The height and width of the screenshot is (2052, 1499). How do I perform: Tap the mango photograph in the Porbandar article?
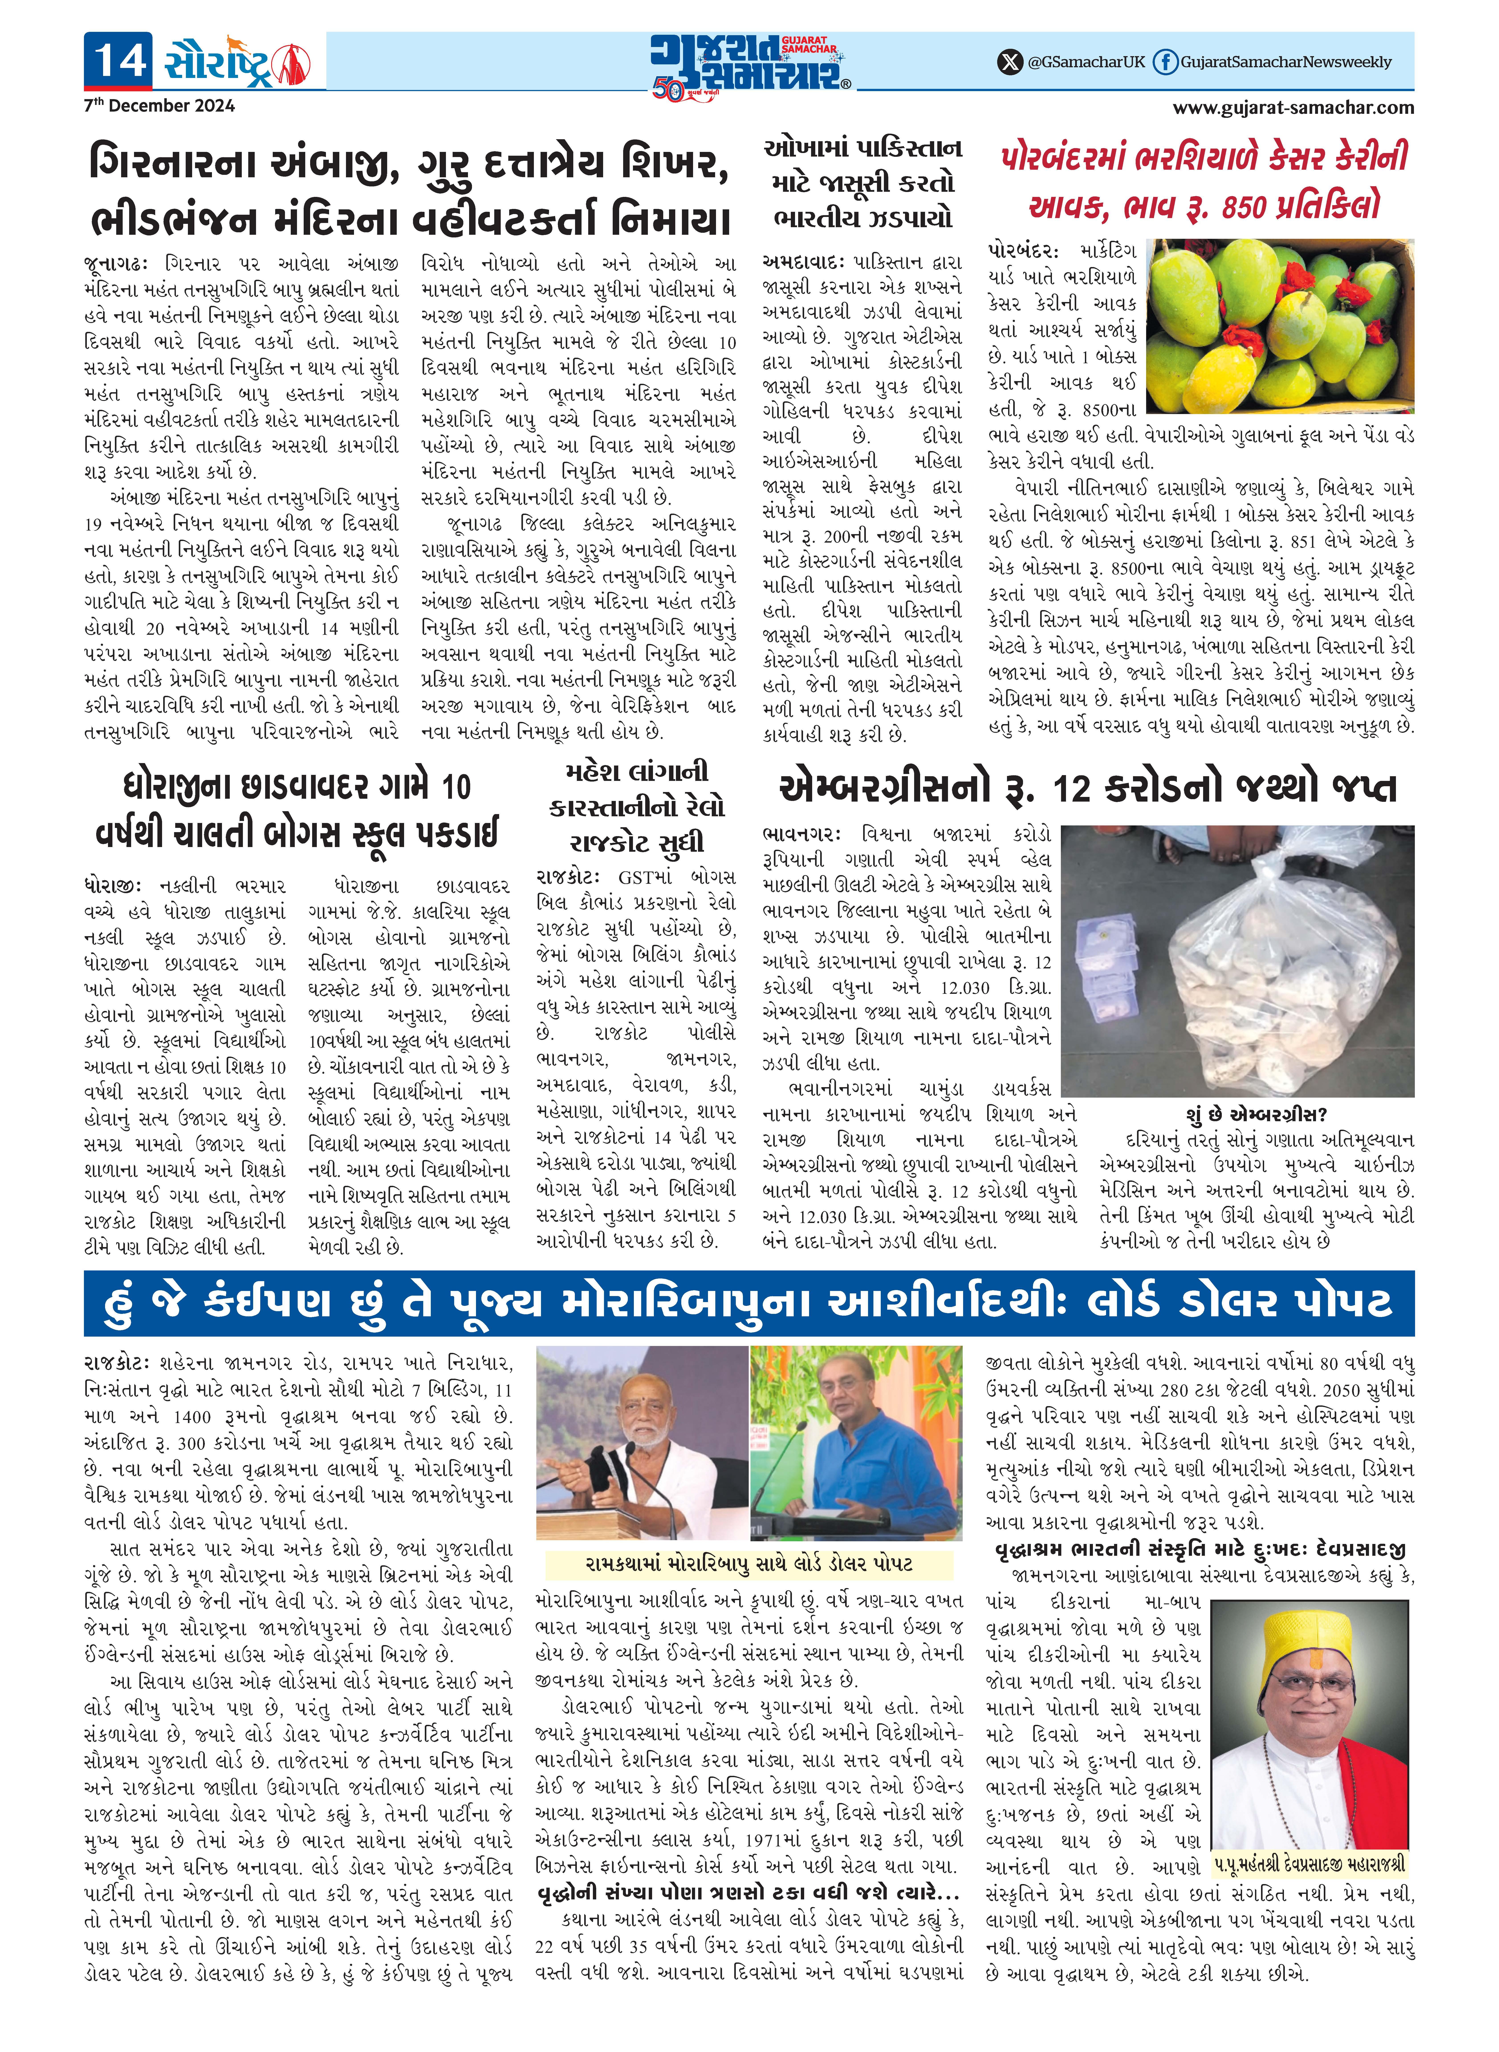pos(1279,327)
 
